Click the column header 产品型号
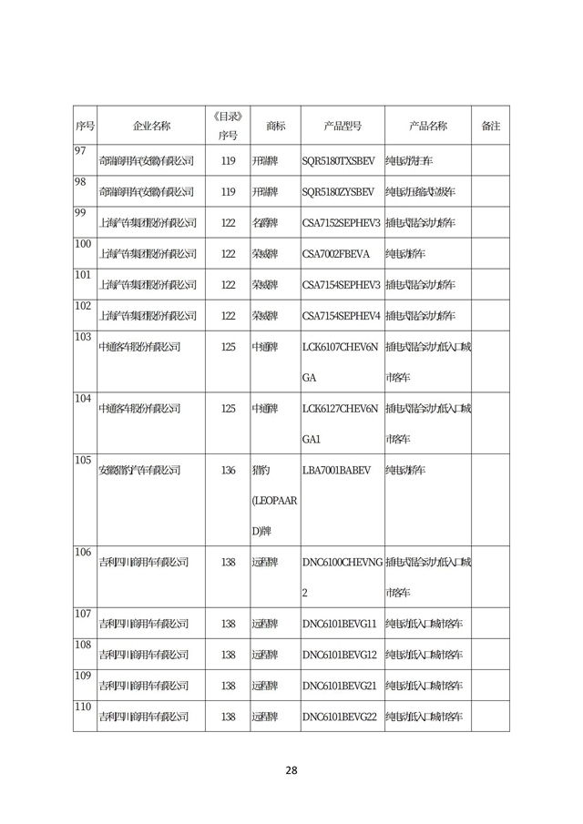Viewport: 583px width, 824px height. tap(343, 126)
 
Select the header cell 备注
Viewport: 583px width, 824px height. tap(490, 126)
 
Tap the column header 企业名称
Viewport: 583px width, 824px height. tap(151, 126)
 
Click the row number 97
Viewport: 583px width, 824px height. tap(79, 150)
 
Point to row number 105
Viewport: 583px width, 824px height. tap(83, 459)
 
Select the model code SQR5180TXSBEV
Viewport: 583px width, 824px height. tap(338, 161)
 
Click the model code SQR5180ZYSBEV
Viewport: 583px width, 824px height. tap(338, 192)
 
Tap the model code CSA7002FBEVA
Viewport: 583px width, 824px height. tap(336, 254)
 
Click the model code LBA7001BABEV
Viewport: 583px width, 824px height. tap(337, 471)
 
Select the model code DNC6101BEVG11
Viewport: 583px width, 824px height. tap(339, 624)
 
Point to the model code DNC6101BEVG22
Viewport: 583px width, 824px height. tap(339, 717)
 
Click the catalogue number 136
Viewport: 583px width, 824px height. tap(228, 471)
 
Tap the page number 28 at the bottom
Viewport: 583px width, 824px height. tap(291, 770)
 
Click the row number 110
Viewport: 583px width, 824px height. tap(83, 707)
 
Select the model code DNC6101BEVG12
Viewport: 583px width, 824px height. tap(339, 655)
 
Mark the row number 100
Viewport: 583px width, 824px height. tap(83, 244)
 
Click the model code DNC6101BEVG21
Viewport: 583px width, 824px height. tap(339, 686)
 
